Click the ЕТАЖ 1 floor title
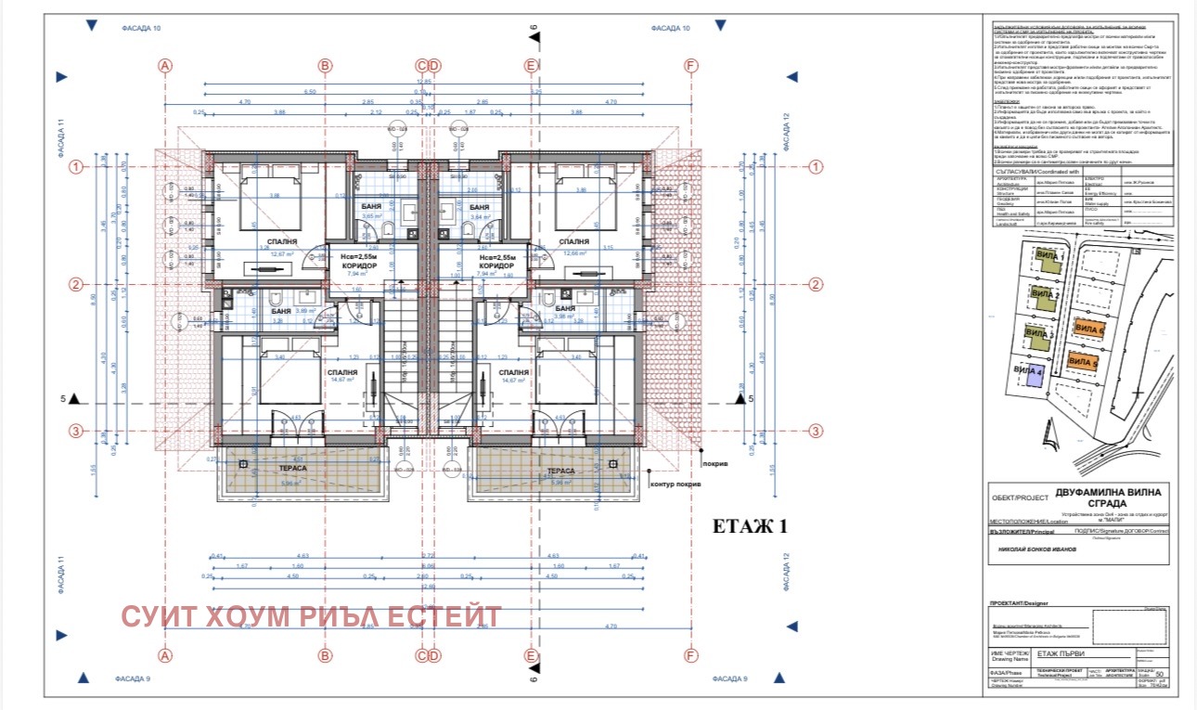pos(749,527)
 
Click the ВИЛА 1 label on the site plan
pos(1050,255)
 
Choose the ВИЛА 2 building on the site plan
pos(1047,298)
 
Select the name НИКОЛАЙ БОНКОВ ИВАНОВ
pos(1037,549)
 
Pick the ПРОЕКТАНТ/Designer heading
pos(1018,604)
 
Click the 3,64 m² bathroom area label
pos(478,216)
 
